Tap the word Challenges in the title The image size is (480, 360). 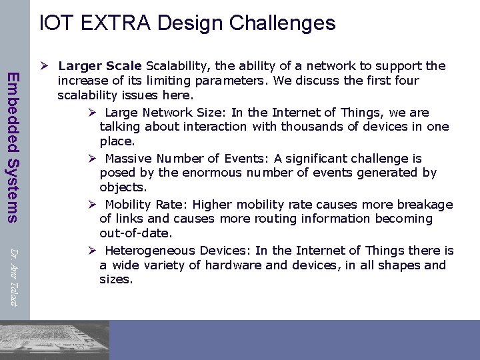tap(282, 23)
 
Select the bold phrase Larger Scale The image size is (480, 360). tap(100, 66)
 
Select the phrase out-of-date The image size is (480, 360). tap(135, 233)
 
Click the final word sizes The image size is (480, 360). tap(115, 279)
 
